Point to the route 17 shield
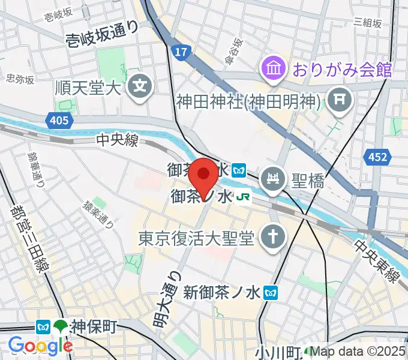click(178, 53)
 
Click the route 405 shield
click(59, 121)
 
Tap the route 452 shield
click(377, 157)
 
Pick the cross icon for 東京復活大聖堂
click(271, 238)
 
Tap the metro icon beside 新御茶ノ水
click(272, 292)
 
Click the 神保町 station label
click(95, 326)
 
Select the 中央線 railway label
click(118, 140)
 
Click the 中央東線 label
click(376, 262)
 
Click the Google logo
click(40, 345)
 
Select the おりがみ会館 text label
click(342, 70)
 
